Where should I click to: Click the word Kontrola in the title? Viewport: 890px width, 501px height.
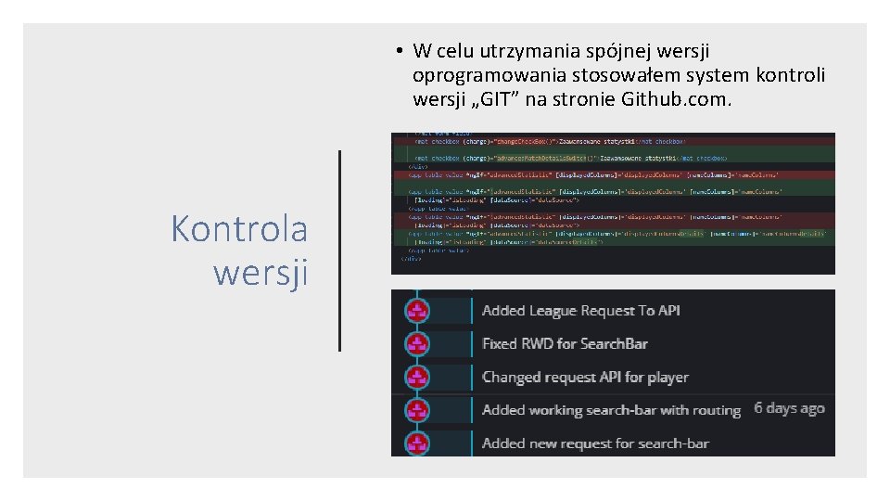[239, 228]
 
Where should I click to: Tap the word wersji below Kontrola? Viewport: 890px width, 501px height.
[261, 273]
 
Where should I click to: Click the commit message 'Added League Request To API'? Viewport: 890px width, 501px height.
[580, 311]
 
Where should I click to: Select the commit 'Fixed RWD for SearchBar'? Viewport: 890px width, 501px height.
[565, 344]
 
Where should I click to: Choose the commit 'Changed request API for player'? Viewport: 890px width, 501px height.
[585, 378]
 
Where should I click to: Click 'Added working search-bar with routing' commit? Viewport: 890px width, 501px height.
[611, 410]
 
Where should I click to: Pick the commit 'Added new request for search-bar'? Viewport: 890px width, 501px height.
[595, 443]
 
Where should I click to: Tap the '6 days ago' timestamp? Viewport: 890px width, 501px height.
[789, 408]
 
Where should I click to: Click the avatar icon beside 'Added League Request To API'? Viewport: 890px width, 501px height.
[418, 310]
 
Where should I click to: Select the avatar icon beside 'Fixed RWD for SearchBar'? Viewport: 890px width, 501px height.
[418, 343]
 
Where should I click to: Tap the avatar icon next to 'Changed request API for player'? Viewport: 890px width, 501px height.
[418, 377]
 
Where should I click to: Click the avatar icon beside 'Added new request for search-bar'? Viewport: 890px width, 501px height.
[418, 443]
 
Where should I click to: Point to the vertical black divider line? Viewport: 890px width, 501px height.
[339, 250]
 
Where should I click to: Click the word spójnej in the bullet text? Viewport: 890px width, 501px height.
[591, 50]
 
